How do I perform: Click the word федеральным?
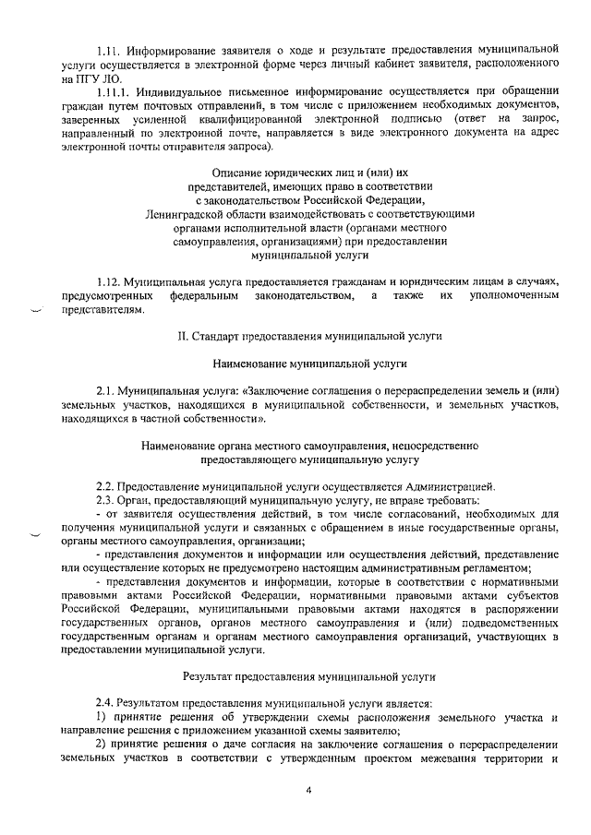pyautogui.click(x=207, y=294)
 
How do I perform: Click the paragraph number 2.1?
pyautogui.click(x=107, y=391)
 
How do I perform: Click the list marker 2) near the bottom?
pyautogui.click(x=102, y=745)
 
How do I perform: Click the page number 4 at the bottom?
pyautogui.click(x=309, y=790)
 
